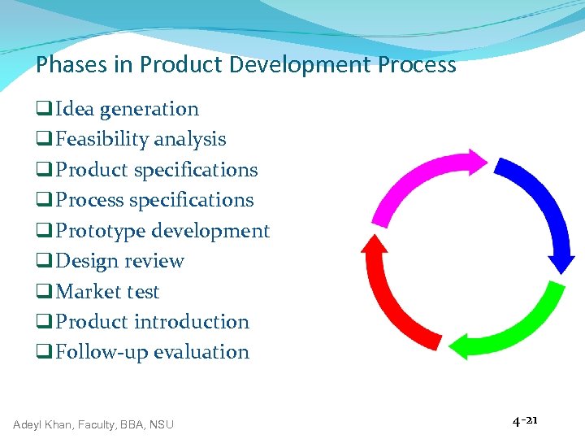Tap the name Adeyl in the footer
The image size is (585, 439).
point(29,424)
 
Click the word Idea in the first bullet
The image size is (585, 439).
point(75,109)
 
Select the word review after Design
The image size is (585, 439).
point(154,261)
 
